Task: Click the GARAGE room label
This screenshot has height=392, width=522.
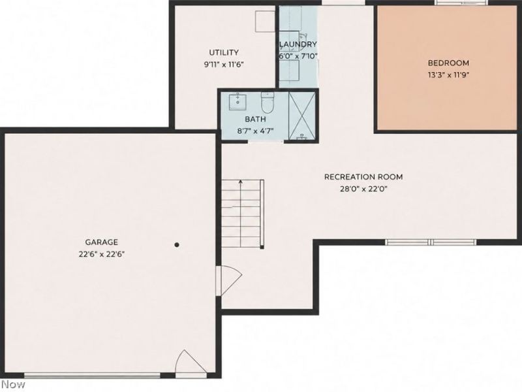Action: (102, 242)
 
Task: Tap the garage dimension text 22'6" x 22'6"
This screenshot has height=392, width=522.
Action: (102, 254)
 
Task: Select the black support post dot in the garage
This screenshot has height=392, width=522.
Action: (177, 244)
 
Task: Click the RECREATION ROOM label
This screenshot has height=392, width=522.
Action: (363, 176)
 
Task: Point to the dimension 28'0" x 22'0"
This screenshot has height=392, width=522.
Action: (363, 189)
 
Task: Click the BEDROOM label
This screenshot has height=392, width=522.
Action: (448, 63)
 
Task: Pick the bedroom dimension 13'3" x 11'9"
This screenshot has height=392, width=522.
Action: (448, 75)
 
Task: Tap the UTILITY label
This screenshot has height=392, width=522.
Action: (224, 52)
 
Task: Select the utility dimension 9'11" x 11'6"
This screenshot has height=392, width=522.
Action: (224, 64)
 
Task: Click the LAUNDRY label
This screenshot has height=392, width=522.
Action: (298, 44)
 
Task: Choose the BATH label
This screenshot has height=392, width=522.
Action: (255, 119)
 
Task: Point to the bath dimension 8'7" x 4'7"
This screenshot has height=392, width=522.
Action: (255, 131)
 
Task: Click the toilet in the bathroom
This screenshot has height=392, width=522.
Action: (268, 103)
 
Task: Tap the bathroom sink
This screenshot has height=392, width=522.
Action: (238, 102)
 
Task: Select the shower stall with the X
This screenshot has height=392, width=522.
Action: (301, 116)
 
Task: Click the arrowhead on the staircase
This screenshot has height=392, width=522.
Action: (240, 182)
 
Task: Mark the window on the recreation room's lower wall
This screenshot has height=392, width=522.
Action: (431, 242)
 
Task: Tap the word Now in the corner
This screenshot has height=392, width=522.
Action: (12, 384)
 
